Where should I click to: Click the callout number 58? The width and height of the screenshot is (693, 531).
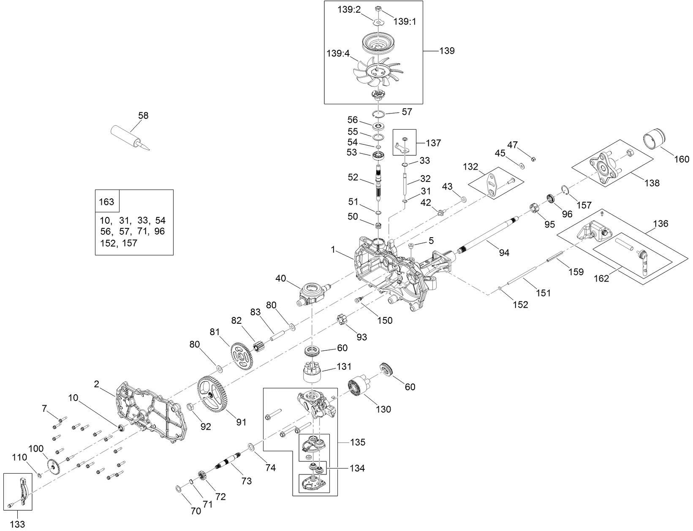point(144,115)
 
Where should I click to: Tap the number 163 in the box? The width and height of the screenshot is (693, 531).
point(106,202)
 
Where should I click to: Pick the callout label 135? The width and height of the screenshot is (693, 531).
point(358,442)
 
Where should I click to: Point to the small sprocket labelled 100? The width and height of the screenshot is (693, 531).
point(54,467)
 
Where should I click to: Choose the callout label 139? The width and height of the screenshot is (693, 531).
point(447,51)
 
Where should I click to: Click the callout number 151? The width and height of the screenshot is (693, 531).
point(543,293)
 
